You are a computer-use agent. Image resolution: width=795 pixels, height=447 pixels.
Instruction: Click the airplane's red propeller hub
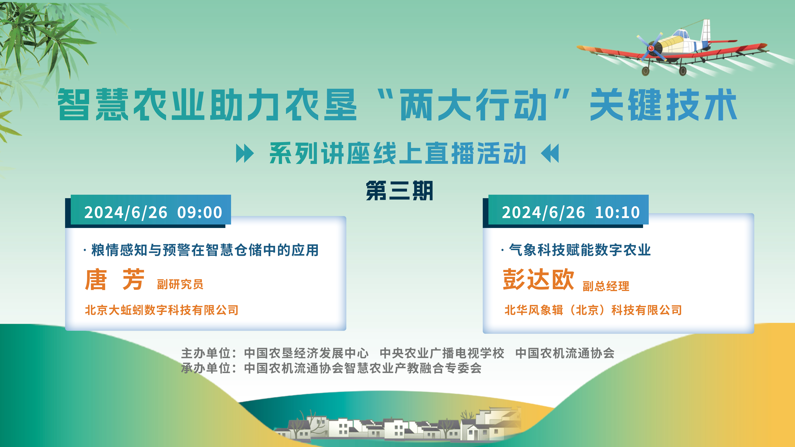tap(651, 48)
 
